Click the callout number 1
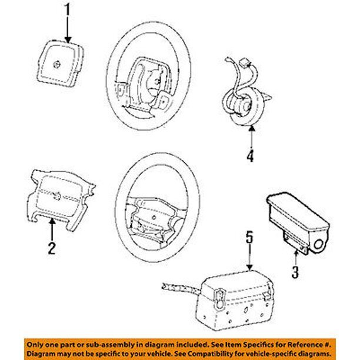(67, 9)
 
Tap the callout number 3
(295, 272)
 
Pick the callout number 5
(250, 237)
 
